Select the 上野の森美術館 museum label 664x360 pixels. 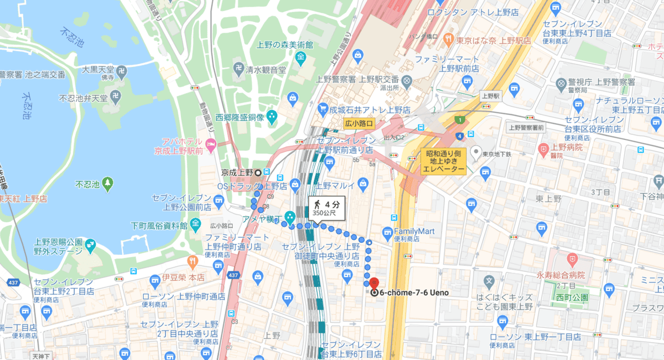click(x=284, y=44)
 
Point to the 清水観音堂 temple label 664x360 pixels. click(x=266, y=70)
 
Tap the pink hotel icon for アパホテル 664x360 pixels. click(x=210, y=145)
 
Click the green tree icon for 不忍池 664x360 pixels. click(x=107, y=182)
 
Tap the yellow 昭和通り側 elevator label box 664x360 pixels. click(x=444, y=161)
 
